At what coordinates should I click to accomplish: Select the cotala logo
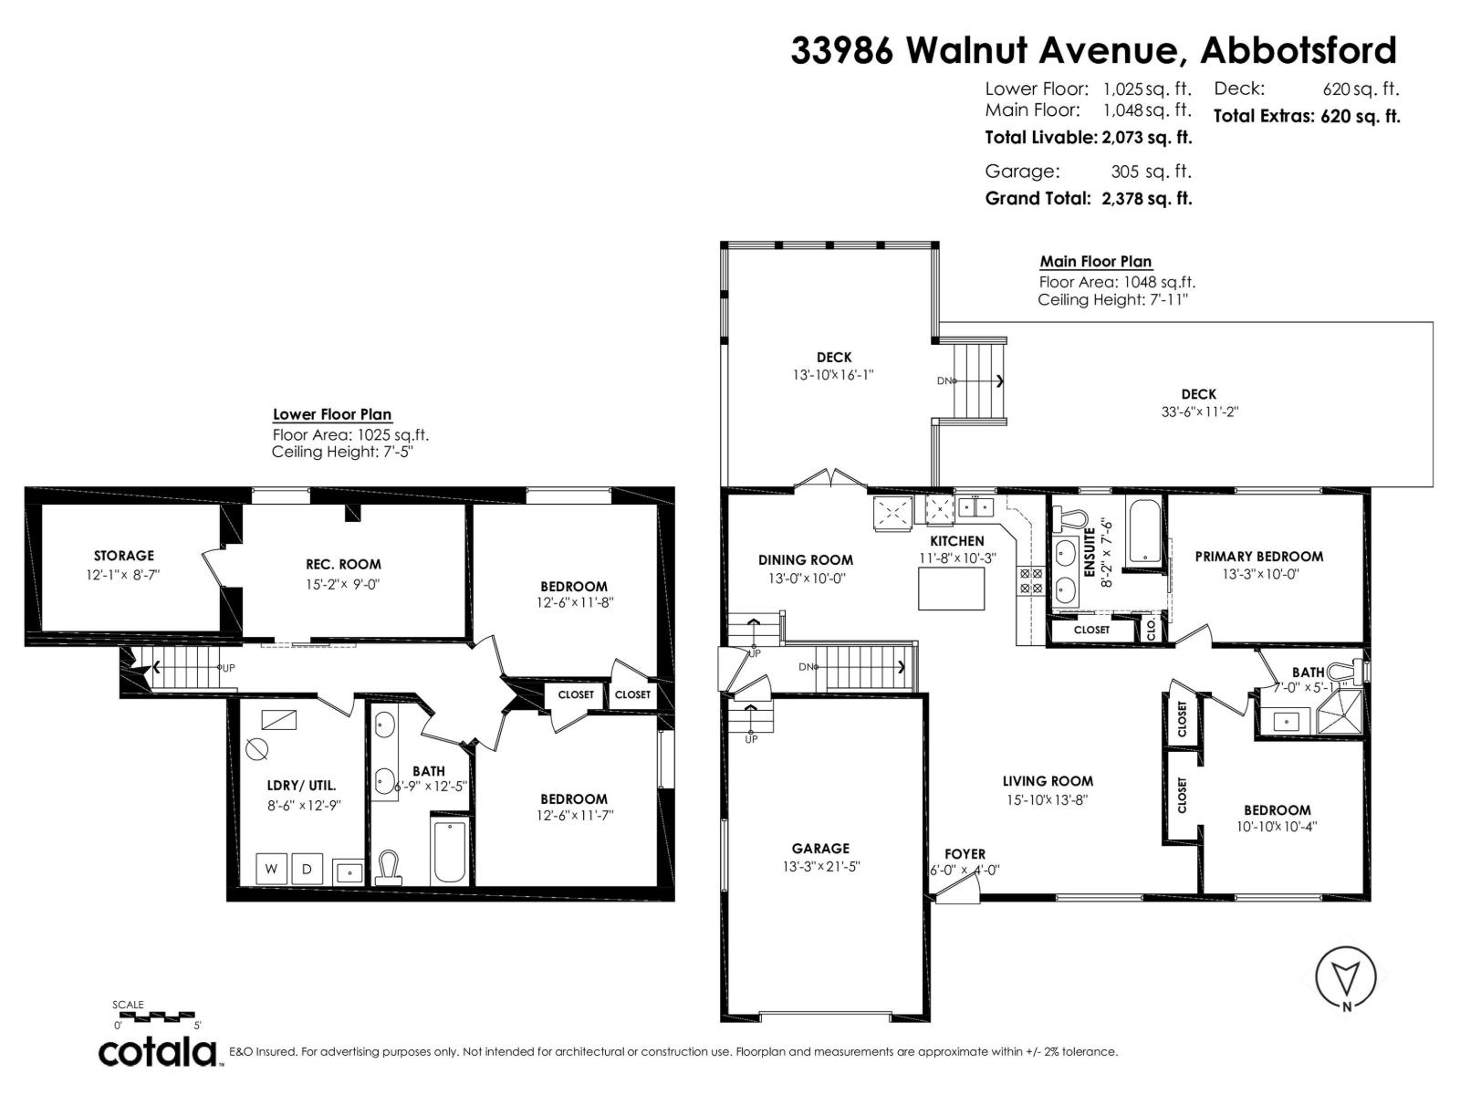(x=157, y=1052)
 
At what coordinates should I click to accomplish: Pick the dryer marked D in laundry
(x=308, y=869)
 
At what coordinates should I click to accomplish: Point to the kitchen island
(x=952, y=589)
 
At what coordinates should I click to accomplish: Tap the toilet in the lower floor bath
(x=390, y=866)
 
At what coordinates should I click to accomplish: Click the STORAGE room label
(x=124, y=556)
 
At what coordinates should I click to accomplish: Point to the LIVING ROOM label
(x=1048, y=781)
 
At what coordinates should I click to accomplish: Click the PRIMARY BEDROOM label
(x=1258, y=557)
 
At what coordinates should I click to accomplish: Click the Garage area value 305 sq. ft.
(x=1151, y=171)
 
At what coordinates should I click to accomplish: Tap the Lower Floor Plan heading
(x=332, y=414)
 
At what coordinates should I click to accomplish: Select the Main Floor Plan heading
(x=1096, y=262)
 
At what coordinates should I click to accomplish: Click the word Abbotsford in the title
(x=1298, y=50)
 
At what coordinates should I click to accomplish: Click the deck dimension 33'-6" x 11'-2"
(x=1198, y=412)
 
